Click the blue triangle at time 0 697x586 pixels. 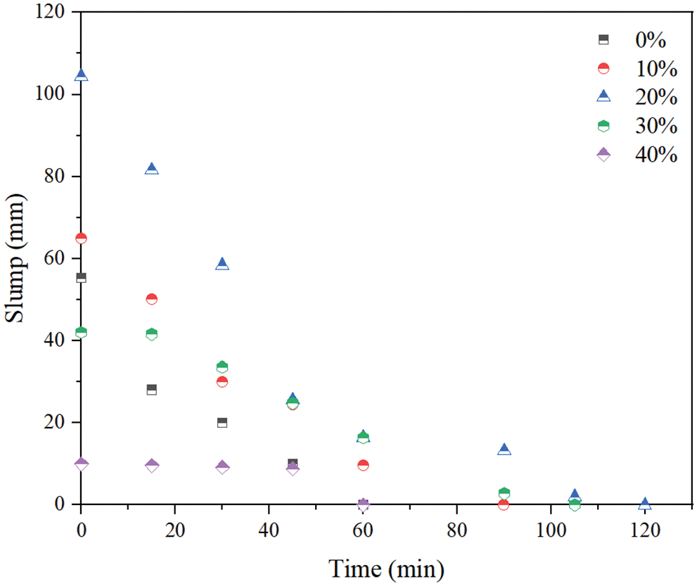click(82, 75)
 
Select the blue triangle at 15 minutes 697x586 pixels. click(152, 169)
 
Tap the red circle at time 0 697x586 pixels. click(82, 238)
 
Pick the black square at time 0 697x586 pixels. click(82, 278)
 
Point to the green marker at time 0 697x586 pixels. click(82, 332)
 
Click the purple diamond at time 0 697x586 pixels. click(82, 464)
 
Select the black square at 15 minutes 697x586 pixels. click(152, 389)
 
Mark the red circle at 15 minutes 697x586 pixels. click(152, 299)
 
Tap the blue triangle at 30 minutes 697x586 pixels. click(222, 264)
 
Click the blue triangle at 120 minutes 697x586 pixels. click(645, 503)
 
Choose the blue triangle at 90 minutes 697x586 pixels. click(504, 450)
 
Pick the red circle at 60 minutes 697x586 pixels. click(363, 465)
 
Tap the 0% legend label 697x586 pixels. click(650, 40)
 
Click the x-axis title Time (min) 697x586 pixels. click(386, 567)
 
